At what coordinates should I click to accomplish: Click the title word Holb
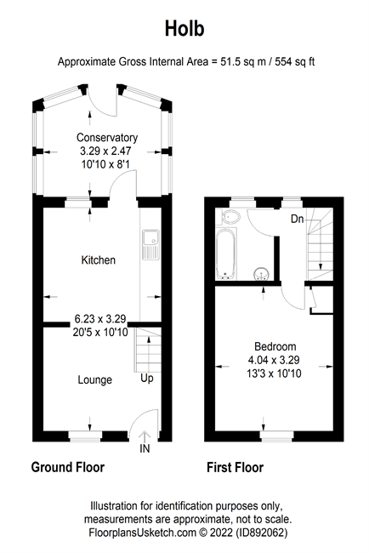(x=184, y=29)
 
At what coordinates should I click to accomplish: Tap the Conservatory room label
(x=107, y=137)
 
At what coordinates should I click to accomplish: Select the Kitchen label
(x=99, y=260)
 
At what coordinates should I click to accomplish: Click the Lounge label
(x=95, y=379)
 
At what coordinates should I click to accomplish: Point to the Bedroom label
(x=275, y=346)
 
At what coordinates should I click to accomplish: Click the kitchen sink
(x=150, y=245)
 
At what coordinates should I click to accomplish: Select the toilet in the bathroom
(x=228, y=217)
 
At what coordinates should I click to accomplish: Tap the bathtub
(x=226, y=254)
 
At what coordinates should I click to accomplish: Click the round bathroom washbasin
(x=261, y=274)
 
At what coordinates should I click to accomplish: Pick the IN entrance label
(x=145, y=448)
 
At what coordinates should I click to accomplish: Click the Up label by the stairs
(x=147, y=379)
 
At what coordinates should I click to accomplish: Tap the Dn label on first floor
(x=297, y=219)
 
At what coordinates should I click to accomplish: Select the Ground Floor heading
(x=68, y=467)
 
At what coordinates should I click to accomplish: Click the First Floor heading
(x=235, y=468)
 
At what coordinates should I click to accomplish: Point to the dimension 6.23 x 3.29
(x=100, y=319)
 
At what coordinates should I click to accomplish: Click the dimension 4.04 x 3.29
(x=274, y=360)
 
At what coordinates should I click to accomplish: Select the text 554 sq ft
(x=295, y=62)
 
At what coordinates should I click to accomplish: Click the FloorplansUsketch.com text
(x=142, y=533)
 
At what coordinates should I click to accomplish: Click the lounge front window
(x=86, y=436)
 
